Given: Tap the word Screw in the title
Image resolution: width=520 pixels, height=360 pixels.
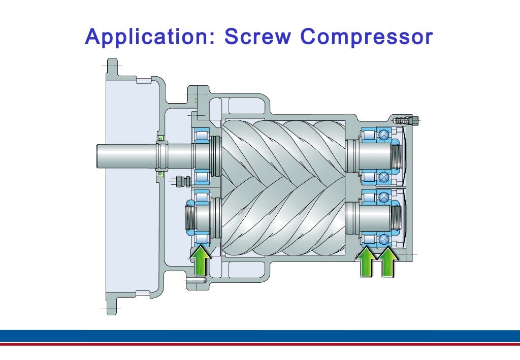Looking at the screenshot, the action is [x=257, y=36].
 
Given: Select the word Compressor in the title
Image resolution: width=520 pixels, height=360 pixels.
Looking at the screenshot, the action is [x=367, y=37].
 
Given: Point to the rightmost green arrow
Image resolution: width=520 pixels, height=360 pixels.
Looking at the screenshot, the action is [x=388, y=262].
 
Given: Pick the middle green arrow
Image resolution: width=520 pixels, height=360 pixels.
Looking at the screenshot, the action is [x=367, y=262].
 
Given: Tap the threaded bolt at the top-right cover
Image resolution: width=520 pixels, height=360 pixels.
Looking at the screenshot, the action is [x=406, y=120].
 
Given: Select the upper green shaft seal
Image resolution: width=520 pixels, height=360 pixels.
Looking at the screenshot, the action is [x=160, y=138].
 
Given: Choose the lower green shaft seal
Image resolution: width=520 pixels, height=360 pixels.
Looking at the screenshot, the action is [x=160, y=173].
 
